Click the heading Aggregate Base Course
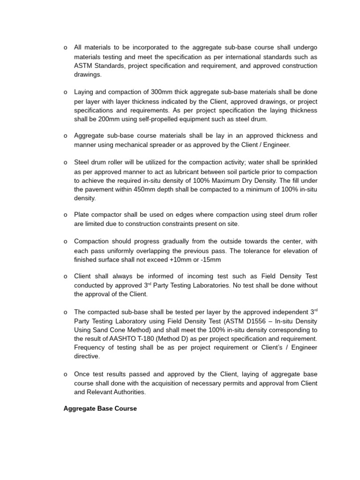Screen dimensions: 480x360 [100, 409]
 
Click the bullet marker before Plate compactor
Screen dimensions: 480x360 [65, 215]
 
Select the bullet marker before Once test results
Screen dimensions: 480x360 [65, 375]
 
